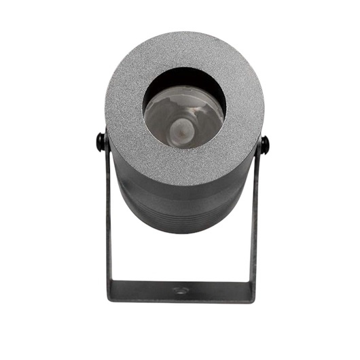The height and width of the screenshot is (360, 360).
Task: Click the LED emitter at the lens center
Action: pyautogui.click(x=181, y=126)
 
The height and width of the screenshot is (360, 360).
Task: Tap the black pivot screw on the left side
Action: pyautogui.click(x=101, y=142)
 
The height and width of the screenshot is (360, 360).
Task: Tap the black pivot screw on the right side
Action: pyautogui.click(x=264, y=143)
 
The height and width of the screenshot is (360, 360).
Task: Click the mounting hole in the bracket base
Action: pyautogui.click(x=180, y=290)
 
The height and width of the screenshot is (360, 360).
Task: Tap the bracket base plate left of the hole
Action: pyautogui.click(x=143, y=290)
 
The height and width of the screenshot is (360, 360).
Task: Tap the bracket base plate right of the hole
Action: pyautogui.click(x=217, y=290)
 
